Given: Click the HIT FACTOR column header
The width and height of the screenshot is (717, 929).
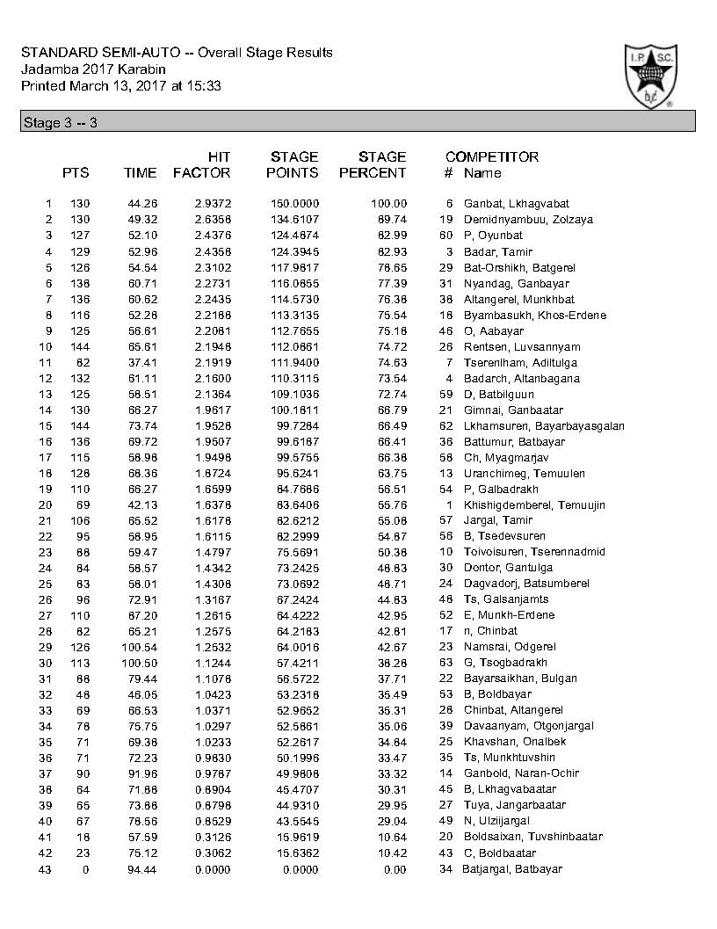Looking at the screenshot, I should click(202, 164).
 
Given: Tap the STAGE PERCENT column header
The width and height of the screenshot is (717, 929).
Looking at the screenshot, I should click(373, 164).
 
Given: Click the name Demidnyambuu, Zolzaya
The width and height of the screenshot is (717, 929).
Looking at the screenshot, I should click(528, 219).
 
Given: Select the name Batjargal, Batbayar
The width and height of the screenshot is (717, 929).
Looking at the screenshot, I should click(512, 869).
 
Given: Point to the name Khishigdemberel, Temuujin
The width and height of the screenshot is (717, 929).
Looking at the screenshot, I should click(534, 504).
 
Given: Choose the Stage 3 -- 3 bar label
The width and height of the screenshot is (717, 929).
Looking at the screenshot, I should click(59, 123).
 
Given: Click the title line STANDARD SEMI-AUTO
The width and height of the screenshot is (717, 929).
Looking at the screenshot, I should click(177, 53).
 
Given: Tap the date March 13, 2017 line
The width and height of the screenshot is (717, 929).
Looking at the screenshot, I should click(120, 86).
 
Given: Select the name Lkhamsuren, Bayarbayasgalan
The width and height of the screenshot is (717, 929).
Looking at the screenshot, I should click(544, 425).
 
